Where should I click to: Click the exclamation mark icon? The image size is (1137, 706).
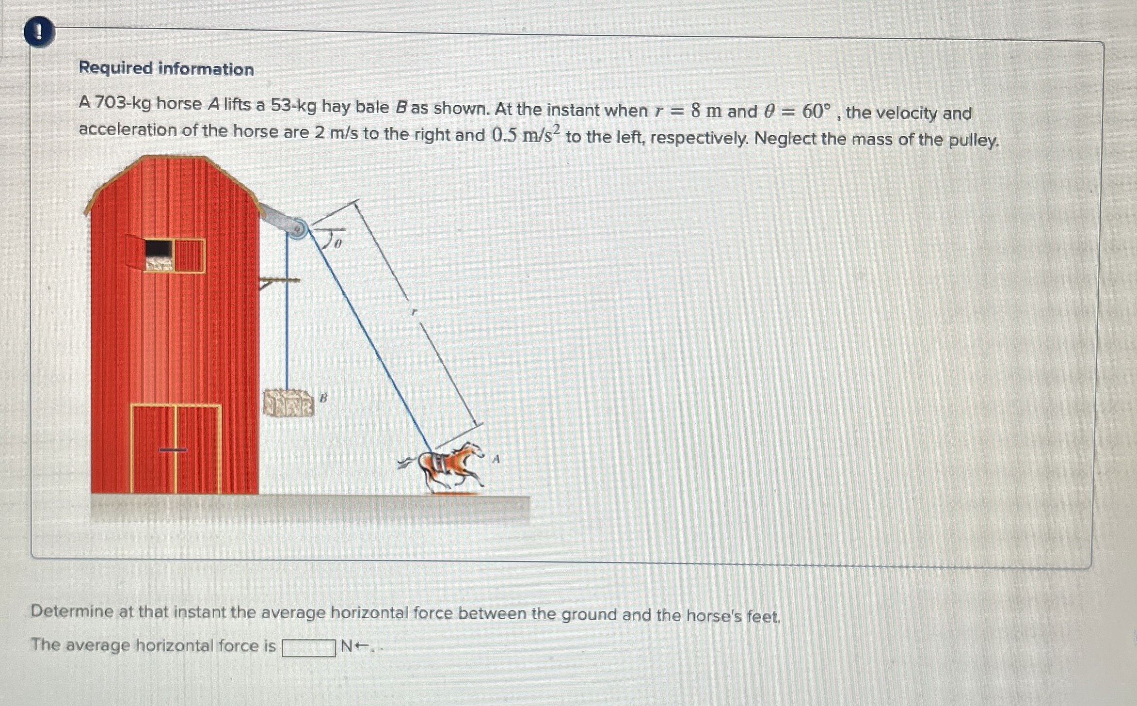[x=39, y=32]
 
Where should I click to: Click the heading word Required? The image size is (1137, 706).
[x=115, y=68]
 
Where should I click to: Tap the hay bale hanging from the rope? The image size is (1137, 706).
[x=288, y=403]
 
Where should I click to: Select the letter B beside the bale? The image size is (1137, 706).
[x=323, y=398]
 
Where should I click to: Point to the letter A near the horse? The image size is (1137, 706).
[x=496, y=459]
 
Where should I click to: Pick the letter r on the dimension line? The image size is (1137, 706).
[x=413, y=312]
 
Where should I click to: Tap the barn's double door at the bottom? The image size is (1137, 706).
[x=176, y=449]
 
